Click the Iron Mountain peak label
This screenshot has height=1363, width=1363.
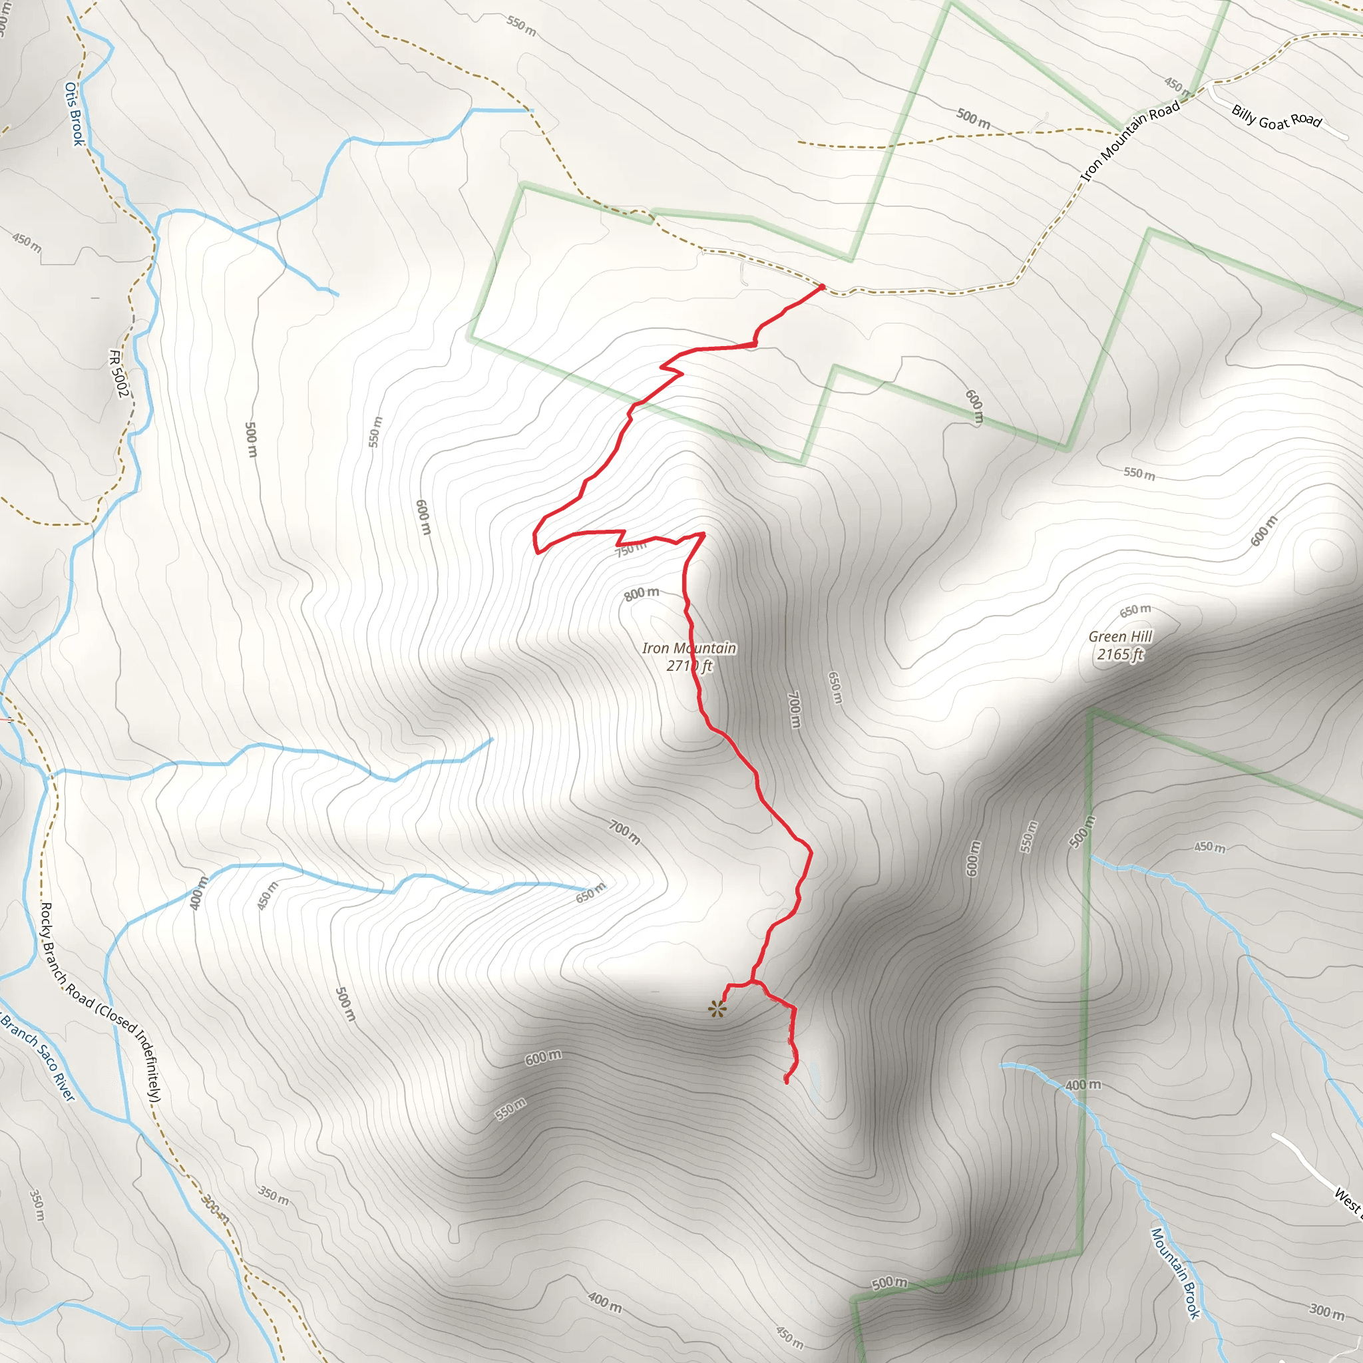[x=689, y=648]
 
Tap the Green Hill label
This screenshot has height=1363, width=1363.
[x=1119, y=636]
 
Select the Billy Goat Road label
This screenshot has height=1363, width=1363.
[x=1276, y=117]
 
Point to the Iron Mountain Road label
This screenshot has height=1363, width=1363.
[x=1130, y=141]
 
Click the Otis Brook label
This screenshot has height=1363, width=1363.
[x=74, y=114]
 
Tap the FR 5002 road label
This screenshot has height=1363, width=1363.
[x=119, y=373]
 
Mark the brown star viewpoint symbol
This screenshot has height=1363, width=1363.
[x=717, y=1010]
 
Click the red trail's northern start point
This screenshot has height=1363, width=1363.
[x=822, y=286]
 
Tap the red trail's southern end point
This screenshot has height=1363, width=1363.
[x=787, y=1081]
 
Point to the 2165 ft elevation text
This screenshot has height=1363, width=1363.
[x=1119, y=655]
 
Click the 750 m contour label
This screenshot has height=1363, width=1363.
[x=631, y=549]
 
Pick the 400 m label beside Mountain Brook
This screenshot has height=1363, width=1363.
[x=1082, y=1085]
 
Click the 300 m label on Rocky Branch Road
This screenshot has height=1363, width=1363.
[x=215, y=1209]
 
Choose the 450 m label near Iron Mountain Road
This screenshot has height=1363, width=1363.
[x=1177, y=87]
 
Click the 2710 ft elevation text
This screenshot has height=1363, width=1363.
[x=689, y=666]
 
